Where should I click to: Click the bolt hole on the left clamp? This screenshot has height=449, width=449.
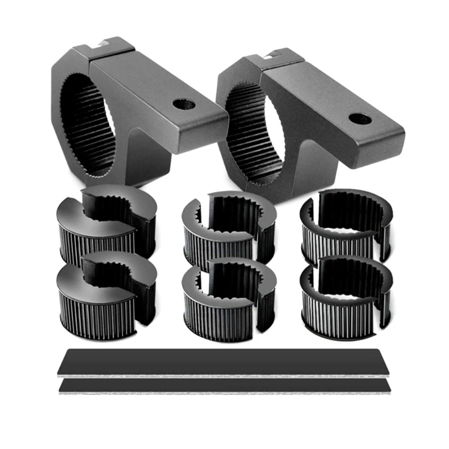point(184,104)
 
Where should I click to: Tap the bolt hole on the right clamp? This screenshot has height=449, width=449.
point(359,118)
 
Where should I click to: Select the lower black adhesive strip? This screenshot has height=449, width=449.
point(224,386)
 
